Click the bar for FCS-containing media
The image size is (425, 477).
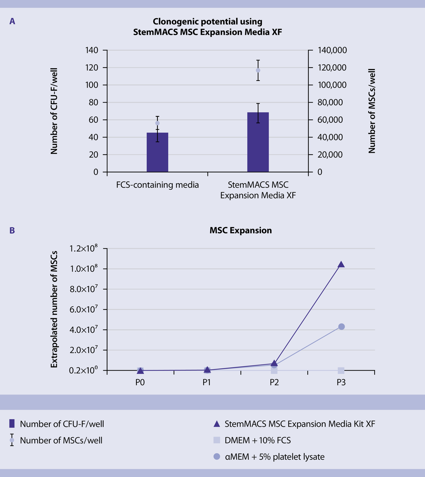[x=157, y=153]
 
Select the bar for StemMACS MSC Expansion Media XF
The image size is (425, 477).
[x=258, y=143]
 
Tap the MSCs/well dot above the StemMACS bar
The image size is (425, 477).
[x=258, y=70]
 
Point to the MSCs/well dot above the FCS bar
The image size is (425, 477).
[x=157, y=123]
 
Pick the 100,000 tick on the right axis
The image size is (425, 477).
[x=332, y=85]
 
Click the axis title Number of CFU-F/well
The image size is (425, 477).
[x=54, y=111]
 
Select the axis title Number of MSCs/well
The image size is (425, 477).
[x=372, y=111]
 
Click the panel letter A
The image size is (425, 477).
[x=12, y=22]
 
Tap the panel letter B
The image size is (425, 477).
[x=12, y=230]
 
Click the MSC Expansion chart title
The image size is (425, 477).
[x=240, y=230]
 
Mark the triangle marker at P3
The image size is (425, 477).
[x=341, y=264]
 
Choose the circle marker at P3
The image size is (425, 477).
[x=341, y=327]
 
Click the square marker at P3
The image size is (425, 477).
[x=341, y=371]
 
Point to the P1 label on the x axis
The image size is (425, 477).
[x=207, y=382]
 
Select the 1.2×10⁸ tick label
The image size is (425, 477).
[x=83, y=248]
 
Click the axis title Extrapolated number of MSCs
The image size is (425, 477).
[x=54, y=309]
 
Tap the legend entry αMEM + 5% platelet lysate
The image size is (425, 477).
[x=274, y=457]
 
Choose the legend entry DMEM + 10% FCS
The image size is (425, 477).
[x=258, y=440]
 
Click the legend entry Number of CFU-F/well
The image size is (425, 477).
[x=62, y=424]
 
